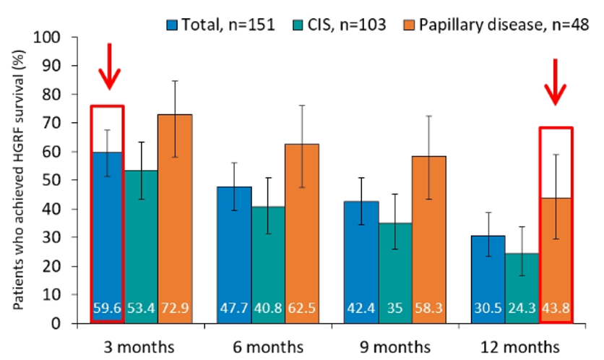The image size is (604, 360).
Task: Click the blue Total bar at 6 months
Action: coord(234,254)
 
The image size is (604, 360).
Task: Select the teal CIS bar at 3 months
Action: coord(141,247)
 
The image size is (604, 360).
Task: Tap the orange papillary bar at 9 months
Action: coord(428,240)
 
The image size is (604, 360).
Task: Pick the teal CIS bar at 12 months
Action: coord(522,288)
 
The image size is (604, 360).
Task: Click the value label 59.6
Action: coord(107,309)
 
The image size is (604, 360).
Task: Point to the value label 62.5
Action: coord(301,309)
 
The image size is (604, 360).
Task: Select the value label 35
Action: coord(394,309)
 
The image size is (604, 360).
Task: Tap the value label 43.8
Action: coord(556,309)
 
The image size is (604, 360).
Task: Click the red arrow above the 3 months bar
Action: coord(109,67)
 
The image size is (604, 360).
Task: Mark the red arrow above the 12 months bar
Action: coord(555,82)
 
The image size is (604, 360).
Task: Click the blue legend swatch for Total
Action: coord(172,25)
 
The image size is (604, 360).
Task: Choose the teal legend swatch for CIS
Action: coord(298,25)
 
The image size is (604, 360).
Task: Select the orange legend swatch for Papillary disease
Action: coord(409,25)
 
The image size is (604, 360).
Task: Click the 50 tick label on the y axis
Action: coord(51,181)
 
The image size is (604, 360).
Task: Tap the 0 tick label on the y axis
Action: coord(56,323)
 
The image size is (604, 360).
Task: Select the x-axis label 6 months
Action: coord(268,347)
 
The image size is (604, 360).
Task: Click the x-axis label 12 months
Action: coord(520,347)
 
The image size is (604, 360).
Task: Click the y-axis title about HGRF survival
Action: coord(19,180)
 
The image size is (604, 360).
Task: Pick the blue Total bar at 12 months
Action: coord(488,280)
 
